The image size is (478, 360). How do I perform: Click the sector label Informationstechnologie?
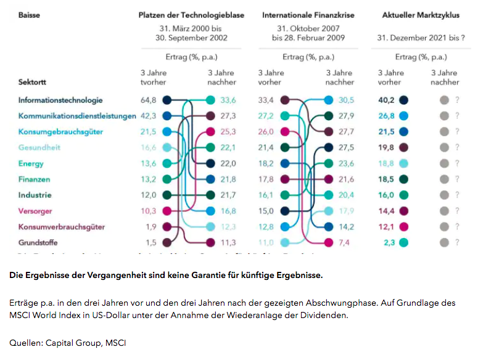60,100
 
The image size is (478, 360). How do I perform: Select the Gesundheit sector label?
39,147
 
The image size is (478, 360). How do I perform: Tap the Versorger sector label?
35,211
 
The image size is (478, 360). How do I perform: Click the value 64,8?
149,100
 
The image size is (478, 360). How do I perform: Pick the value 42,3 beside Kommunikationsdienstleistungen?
149,115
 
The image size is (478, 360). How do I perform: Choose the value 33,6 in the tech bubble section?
228,100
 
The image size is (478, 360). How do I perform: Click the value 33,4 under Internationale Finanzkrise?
266,100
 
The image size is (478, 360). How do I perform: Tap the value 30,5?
347,100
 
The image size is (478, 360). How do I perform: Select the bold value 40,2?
386,100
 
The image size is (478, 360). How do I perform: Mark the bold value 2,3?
389,242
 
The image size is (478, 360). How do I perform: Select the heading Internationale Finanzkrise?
308,15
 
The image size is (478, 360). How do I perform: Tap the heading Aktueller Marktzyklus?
421,15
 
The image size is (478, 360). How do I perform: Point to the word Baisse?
29,15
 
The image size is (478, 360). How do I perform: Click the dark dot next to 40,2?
403,100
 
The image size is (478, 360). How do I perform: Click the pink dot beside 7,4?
329,242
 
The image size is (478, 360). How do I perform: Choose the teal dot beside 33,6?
210,100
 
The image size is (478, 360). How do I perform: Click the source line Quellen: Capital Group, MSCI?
67,343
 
